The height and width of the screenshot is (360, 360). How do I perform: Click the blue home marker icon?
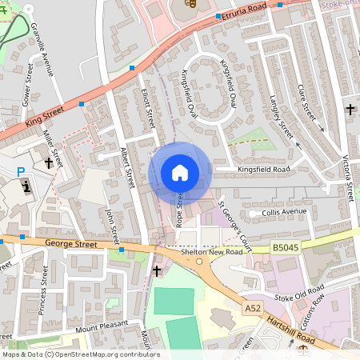180,173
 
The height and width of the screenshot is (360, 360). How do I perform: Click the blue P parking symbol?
21,171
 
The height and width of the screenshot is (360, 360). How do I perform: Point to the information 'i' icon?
28,187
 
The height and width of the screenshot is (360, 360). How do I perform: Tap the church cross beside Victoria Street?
350,108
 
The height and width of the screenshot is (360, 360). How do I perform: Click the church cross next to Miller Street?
50,163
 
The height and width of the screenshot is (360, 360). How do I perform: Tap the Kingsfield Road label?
262,170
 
